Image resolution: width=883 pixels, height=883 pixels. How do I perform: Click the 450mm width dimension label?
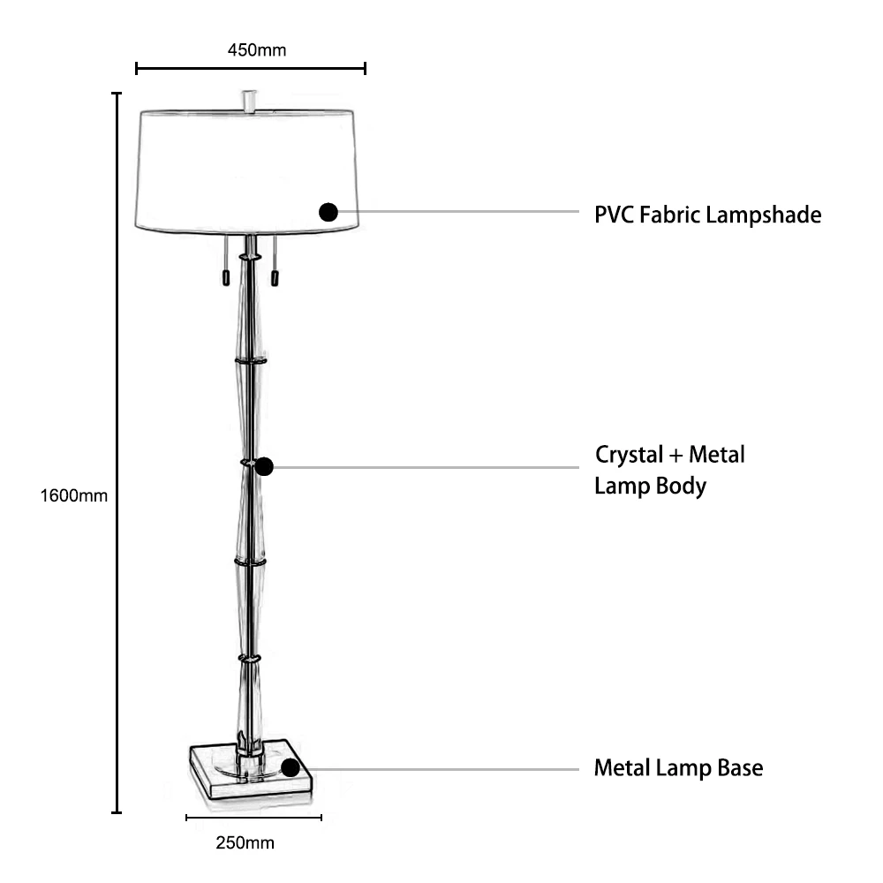tap(257, 49)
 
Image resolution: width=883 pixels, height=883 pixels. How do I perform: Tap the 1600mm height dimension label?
tap(74, 495)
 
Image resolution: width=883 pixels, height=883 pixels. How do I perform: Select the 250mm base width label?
tap(245, 842)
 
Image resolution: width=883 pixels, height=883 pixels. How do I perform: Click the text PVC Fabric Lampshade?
tap(707, 215)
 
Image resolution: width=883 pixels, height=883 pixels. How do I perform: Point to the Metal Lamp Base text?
tap(678, 768)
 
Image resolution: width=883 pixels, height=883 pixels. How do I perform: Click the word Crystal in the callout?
tap(630, 456)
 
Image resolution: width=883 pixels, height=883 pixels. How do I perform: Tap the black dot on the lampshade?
tap(328, 212)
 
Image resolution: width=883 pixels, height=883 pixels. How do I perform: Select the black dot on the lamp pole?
tap(263, 467)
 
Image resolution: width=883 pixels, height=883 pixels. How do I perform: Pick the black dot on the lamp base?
tap(290, 767)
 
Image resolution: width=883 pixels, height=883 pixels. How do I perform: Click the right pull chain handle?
tap(275, 277)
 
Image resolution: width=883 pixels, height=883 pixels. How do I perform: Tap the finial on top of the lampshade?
tap(251, 99)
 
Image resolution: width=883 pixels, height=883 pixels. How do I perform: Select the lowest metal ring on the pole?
tap(250, 658)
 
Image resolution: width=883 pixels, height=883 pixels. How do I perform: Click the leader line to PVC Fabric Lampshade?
tap(459, 212)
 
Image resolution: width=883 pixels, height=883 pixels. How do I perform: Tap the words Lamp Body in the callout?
tap(651, 487)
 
